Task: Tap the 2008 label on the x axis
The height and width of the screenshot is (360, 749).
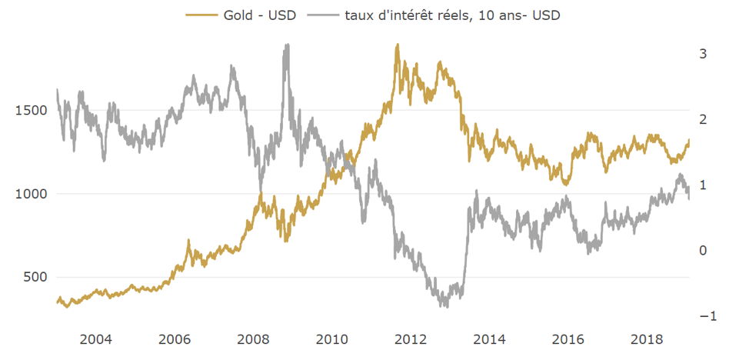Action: point(254,339)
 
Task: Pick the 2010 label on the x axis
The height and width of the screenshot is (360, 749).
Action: point(332,339)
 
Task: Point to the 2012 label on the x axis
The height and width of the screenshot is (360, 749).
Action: point(411,339)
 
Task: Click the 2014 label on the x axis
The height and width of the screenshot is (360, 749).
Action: point(490,339)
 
